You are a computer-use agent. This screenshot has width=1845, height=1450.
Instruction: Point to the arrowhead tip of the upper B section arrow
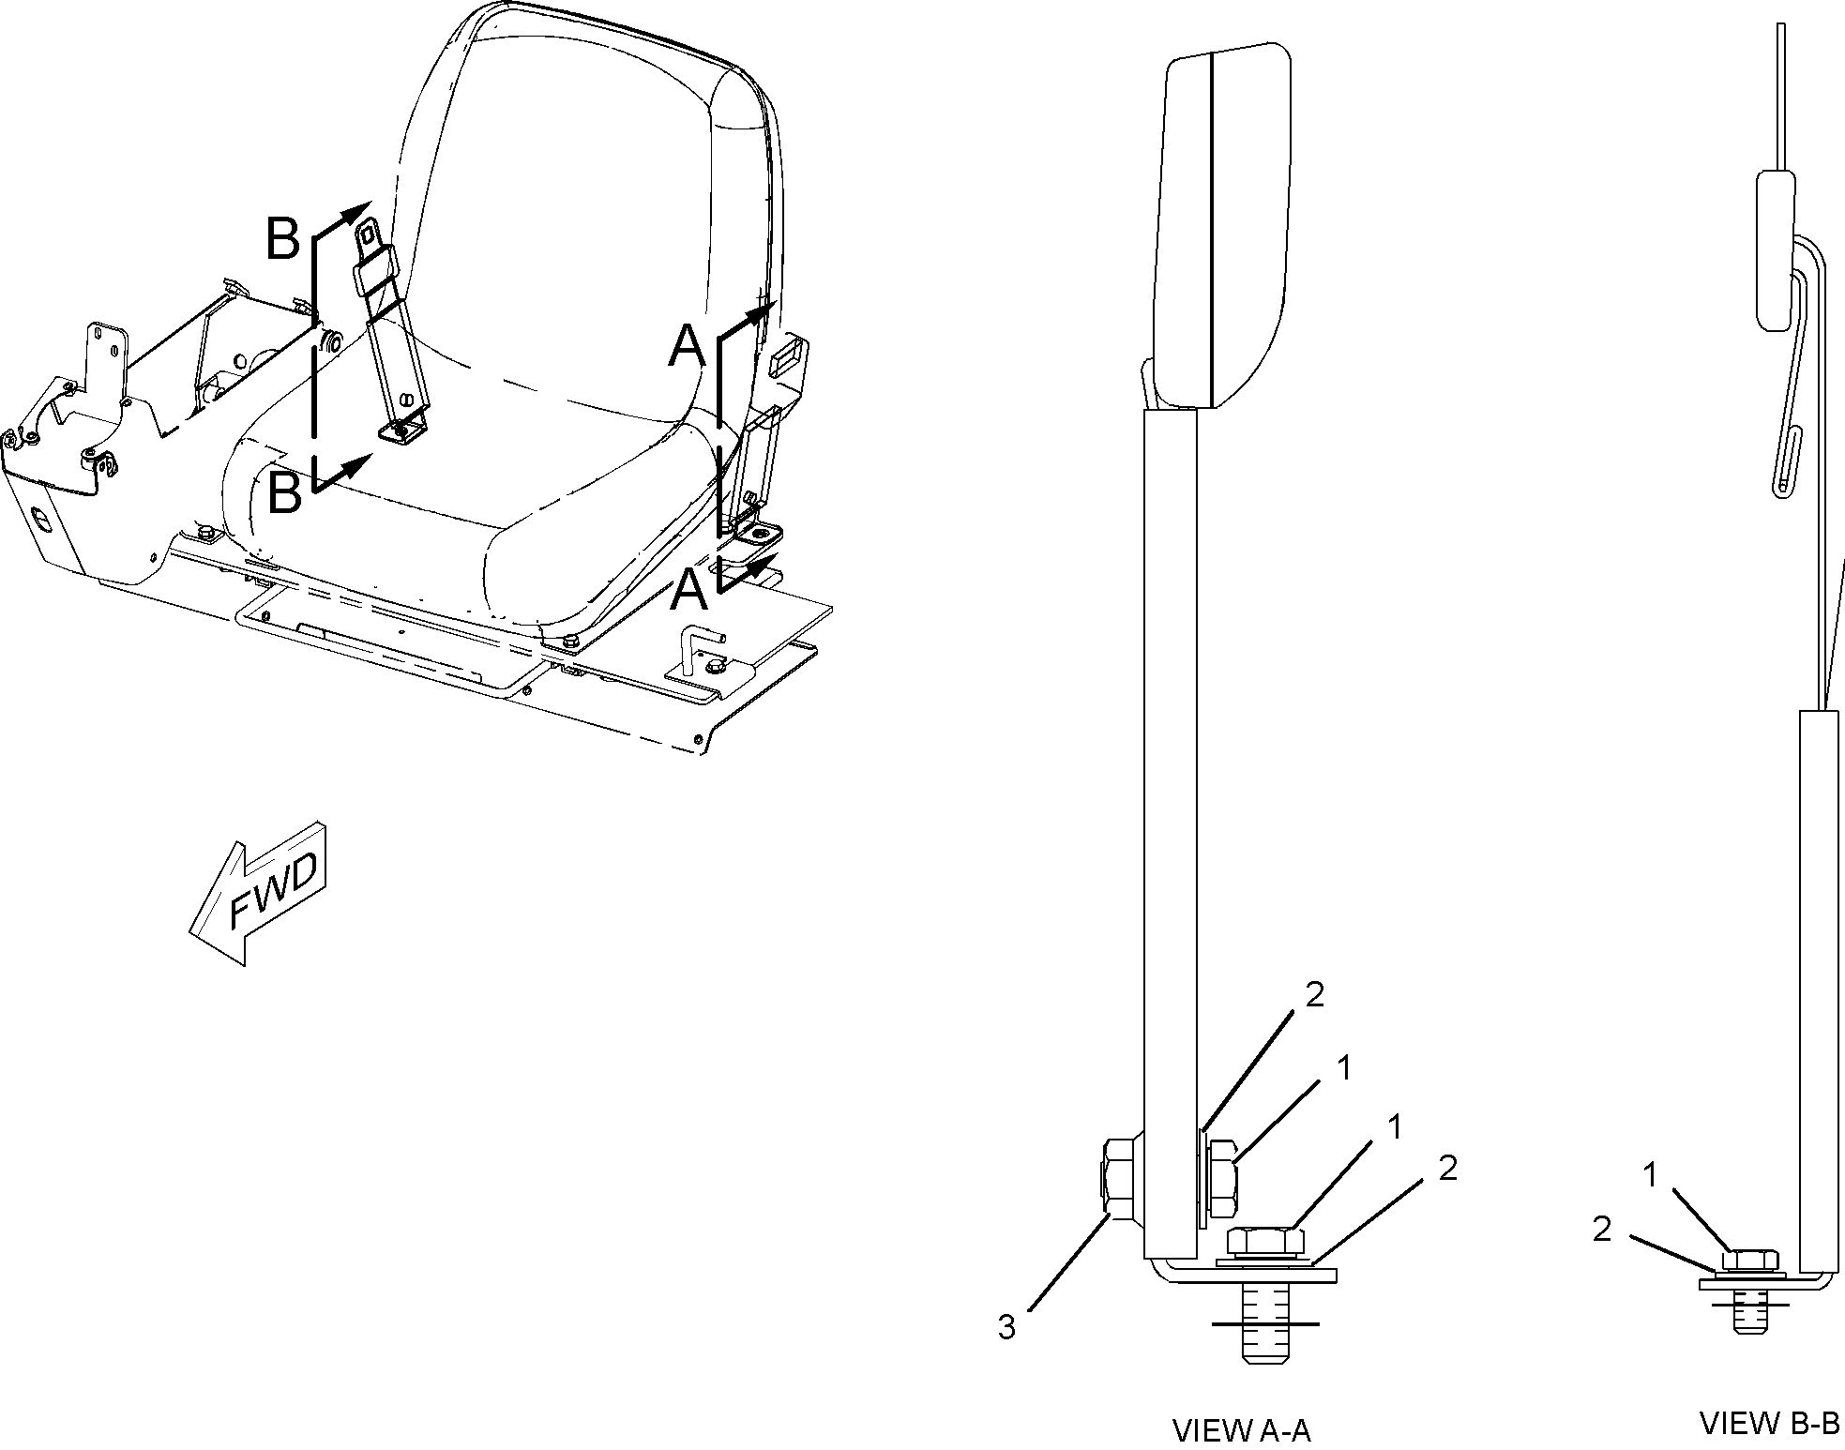pos(372,202)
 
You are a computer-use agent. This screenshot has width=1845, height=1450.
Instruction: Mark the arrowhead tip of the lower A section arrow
pos(778,554)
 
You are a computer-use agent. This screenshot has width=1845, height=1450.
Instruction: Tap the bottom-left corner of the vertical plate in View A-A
pos(1145,1259)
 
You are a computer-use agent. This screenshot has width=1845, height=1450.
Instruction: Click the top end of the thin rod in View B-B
pos(1780,24)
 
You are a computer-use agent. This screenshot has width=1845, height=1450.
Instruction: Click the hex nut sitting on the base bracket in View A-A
pos(1265,1242)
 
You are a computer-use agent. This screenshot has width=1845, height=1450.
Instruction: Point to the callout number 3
pos(1006,1327)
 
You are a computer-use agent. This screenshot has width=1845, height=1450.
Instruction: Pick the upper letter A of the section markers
pos(687,348)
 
